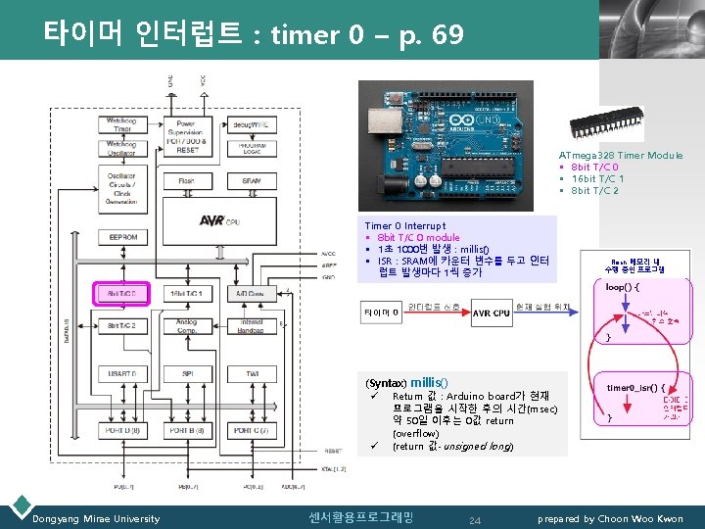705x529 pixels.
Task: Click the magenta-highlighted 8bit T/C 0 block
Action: pos(122,293)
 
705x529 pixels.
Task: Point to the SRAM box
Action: pos(252,181)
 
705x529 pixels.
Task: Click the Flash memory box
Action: pos(186,181)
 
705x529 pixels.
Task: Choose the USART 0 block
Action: pos(122,375)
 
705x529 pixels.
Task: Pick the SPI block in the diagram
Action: pos(186,375)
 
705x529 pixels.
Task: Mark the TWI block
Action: pos(252,375)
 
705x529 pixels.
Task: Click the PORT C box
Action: pos(252,431)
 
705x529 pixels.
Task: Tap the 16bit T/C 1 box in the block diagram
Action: pos(186,293)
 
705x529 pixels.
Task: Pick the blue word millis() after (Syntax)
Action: pos(429,381)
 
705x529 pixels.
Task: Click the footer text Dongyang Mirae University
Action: pos(96,518)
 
